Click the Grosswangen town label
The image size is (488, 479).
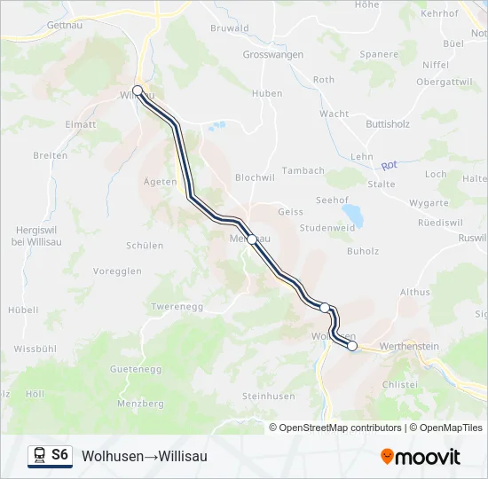click(x=272, y=54)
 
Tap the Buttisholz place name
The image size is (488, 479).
click(x=388, y=124)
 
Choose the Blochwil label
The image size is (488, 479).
click(x=256, y=177)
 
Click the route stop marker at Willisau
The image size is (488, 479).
click(x=138, y=90)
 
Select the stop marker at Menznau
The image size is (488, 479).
click(x=252, y=239)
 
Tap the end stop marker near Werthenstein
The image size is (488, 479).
click(x=352, y=346)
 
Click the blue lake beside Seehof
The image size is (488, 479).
click(x=353, y=215)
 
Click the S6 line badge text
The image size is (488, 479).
click(x=59, y=455)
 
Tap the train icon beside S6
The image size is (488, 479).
click(x=39, y=455)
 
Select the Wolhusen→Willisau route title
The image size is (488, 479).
click(x=145, y=456)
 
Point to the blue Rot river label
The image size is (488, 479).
click(x=388, y=166)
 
